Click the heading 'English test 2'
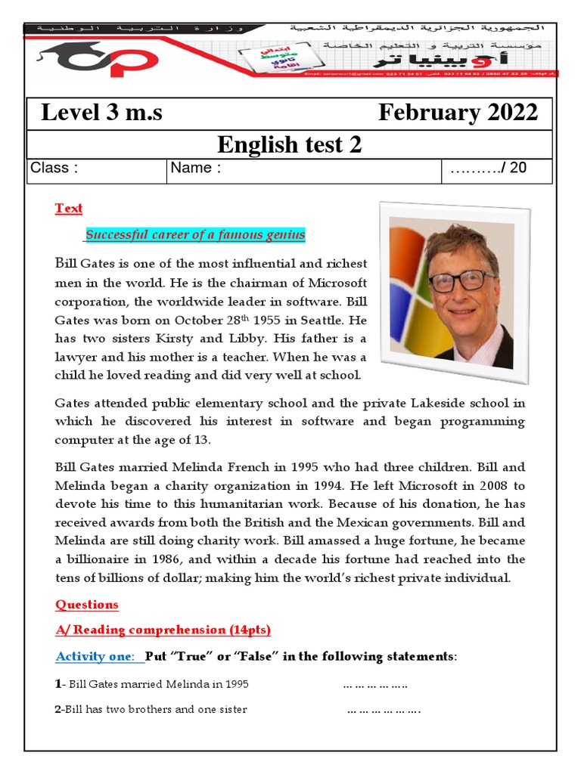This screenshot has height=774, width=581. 289,144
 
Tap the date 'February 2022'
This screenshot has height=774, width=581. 458,113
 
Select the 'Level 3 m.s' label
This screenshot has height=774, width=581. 101,113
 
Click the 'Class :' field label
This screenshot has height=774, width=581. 54,169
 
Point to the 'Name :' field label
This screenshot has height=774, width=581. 196,169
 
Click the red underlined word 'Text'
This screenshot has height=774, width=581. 69,209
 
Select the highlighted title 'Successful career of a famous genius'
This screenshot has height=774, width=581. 195,235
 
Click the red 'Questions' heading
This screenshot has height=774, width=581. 87,605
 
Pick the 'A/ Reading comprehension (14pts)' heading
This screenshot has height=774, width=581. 163,630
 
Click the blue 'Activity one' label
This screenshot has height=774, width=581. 98,657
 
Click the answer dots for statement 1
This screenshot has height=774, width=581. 374,685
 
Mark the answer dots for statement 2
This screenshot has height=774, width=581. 384,710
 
